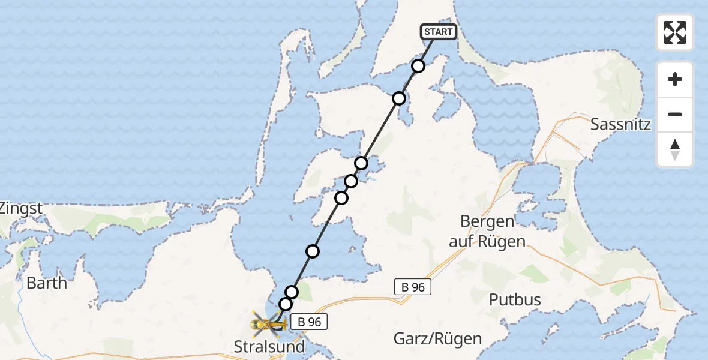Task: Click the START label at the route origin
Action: pos(439,32)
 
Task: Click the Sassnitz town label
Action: pos(620,124)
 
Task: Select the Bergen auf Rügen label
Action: pos(488,232)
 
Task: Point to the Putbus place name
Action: pos(515,299)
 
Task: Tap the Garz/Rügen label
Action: pos(437,338)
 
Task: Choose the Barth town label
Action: pos(47,283)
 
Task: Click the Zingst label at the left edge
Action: pos(21,209)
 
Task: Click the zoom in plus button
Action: pos(675,79)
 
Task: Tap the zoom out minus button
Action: pos(675,114)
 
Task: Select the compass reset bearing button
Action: pos(675,149)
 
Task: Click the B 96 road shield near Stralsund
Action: pos(310,322)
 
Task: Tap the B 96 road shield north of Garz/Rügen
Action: pos(413,287)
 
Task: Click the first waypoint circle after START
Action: pos(418,66)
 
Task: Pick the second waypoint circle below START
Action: pos(399,98)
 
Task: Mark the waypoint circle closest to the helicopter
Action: pos(285,304)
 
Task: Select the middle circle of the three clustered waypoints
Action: pos(351,181)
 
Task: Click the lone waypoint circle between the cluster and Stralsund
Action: pos(313,251)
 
